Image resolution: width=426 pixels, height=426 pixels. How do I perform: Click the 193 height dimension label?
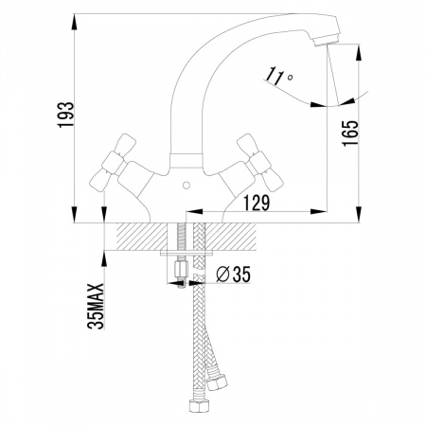(65, 115)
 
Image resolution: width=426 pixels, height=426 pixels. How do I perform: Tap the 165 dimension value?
(351, 133)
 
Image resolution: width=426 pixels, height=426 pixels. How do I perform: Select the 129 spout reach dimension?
(257, 203)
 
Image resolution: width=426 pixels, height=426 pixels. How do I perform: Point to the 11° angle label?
(279, 77)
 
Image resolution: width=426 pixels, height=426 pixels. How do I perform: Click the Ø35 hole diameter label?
(233, 274)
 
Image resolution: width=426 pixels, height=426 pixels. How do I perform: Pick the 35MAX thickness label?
(96, 307)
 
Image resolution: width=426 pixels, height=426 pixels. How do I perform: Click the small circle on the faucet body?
(186, 186)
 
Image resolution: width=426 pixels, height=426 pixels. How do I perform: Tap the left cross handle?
(113, 163)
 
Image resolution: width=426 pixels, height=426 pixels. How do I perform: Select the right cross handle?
(260, 163)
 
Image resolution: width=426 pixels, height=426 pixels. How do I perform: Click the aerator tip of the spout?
(327, 41)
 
